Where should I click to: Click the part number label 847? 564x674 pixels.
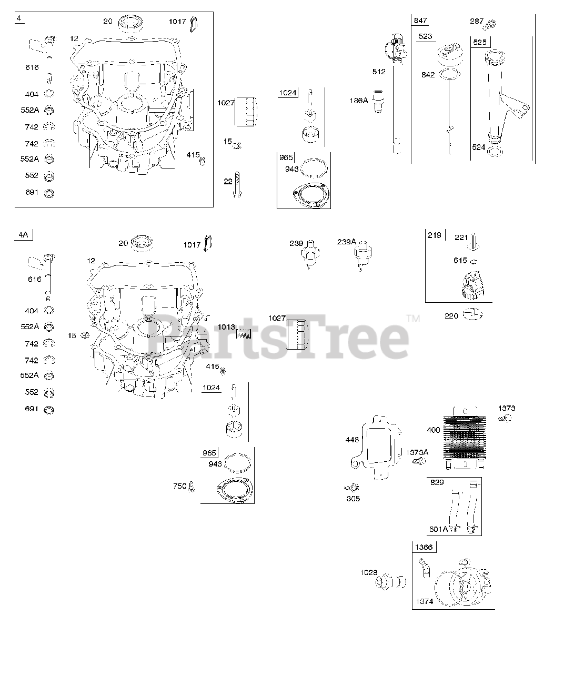click(420, 21)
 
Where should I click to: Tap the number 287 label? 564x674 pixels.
click(476, 21)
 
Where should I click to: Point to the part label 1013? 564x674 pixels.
click(226, 327)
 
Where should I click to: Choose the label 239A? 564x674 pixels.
click(347, 242)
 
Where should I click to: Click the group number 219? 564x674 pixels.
click(435, 235)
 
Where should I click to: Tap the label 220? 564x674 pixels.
click(452, 316)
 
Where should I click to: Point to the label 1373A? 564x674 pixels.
click(417, 452)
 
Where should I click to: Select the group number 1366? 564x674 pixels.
click(424, 547)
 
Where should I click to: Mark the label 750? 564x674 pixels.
click(179, 486)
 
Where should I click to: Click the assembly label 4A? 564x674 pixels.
click(23, 235)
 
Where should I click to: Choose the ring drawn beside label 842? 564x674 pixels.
click(449, 74)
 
